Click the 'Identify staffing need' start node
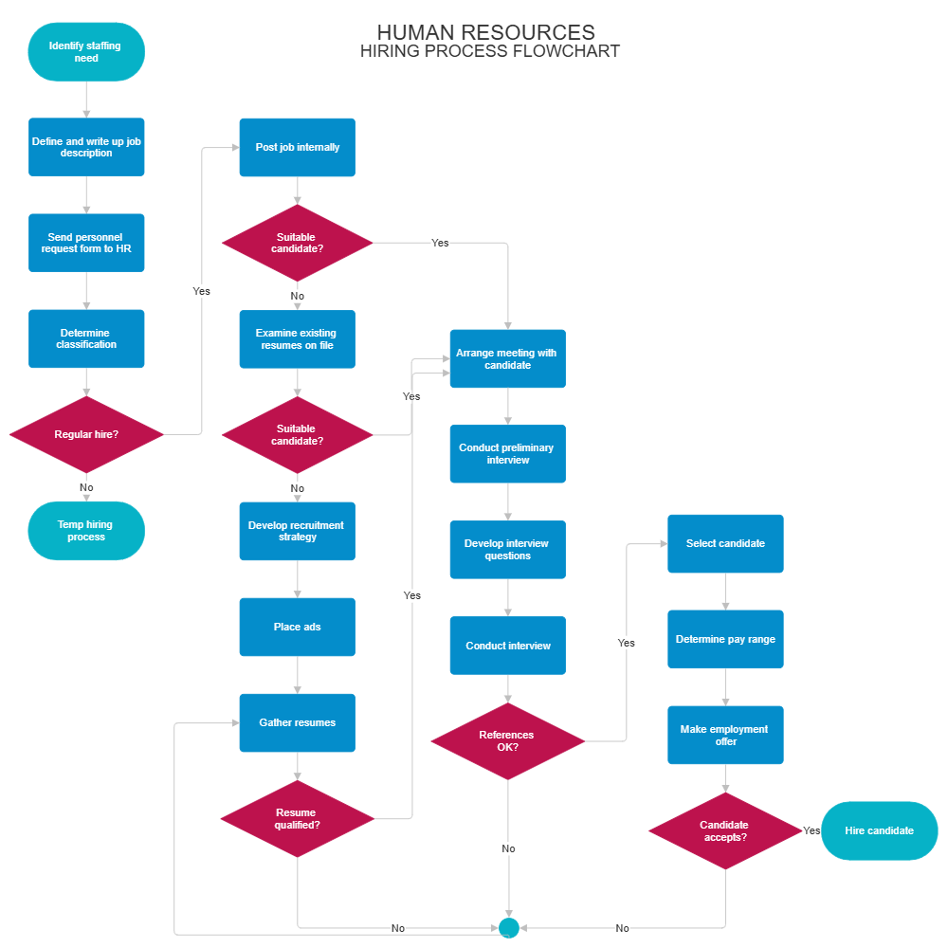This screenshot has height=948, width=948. [86, 52]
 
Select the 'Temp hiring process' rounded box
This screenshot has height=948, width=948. [86, 531]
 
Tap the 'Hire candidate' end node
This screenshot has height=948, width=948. [879, 830]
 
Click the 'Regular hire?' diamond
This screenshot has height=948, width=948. [86, 434]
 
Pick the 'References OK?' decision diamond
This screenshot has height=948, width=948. [508, 741]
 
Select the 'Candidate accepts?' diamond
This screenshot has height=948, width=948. [725, 831]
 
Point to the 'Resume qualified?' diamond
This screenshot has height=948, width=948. [298, 819]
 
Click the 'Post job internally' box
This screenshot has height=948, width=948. [298, 147]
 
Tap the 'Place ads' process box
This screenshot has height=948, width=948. [298, 627]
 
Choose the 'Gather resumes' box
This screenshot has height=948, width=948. [298, 722]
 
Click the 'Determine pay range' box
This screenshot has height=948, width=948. [725, 639]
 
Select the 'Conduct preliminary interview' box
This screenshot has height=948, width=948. [507, 454]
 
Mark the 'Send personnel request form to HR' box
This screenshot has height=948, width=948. [86, 243]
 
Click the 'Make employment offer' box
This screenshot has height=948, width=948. [725, 735]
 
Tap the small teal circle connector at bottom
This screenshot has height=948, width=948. [509, 928]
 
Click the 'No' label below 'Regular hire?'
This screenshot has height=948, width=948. [86, 487]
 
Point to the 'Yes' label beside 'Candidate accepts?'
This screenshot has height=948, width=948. [811, 830]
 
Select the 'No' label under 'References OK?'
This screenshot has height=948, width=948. [508, 848]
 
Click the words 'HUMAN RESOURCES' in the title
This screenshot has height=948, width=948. [486, 33]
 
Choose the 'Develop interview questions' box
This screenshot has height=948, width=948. [507, 550]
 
